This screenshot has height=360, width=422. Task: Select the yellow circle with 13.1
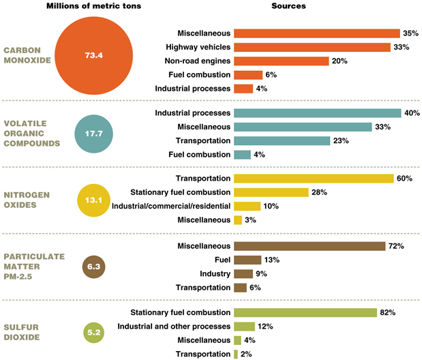point(94,200)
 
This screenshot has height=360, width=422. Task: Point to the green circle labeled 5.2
point(94,333)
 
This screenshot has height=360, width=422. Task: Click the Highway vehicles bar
point(312,47)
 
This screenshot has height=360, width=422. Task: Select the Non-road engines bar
point(281,61)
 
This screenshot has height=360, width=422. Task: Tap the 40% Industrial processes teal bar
point(317,112)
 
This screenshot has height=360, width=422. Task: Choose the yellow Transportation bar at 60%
point(314,179)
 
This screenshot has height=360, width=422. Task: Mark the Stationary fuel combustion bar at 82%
point(305,312)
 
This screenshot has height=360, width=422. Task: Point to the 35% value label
point(410,33)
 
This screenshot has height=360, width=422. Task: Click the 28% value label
point(319,192)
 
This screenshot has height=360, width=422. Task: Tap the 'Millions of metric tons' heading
point(94,6)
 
